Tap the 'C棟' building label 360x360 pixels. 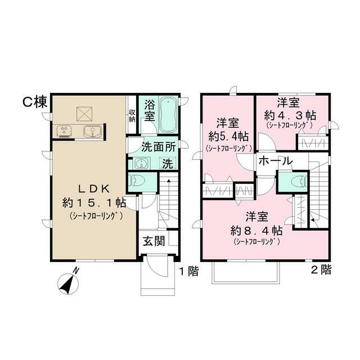[34, 102]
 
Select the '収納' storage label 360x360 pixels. [132, 115]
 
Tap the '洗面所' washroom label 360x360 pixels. [159, 148]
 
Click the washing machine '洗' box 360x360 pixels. [168, 164]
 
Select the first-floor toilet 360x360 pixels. [137, 182]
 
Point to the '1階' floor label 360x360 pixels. [189, 272]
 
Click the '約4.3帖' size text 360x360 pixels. [290, 114]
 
